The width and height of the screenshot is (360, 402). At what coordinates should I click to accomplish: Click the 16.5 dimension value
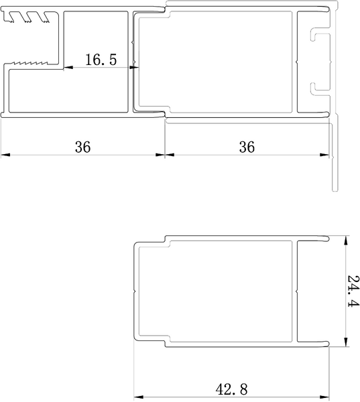(101, 60)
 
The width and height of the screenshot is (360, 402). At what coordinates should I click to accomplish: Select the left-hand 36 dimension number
(82, 147)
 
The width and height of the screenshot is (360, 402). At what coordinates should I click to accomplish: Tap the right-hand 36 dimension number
(247, 147)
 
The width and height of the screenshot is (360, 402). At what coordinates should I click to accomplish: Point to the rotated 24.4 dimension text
(353, 291)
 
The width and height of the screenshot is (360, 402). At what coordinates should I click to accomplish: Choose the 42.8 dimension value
(232, 389)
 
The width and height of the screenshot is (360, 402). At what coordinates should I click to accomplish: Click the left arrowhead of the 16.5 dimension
(68, 68)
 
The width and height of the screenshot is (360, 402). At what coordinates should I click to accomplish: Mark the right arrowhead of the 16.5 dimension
(134, 68)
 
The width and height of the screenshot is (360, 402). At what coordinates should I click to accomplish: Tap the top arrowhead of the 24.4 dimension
(346, 241)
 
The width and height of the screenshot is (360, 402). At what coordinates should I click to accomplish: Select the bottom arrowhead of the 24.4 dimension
(346, 342)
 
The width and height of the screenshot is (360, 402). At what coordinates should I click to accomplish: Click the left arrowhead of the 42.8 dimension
(139, 397)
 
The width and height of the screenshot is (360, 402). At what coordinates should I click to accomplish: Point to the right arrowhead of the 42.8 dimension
(324, 397)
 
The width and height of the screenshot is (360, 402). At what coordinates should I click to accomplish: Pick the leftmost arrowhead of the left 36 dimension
(5, 155)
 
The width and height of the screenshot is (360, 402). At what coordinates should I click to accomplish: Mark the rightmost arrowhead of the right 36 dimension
(324, 155)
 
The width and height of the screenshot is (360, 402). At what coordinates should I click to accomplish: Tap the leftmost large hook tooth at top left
(11, 17)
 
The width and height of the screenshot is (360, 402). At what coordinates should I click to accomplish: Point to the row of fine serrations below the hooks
(30, 62)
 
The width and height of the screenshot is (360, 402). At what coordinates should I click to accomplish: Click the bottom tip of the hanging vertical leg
(335, 190)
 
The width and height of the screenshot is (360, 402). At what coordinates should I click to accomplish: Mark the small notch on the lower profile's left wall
(134, 291)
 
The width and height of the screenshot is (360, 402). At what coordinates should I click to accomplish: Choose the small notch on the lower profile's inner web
(297, 291)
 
